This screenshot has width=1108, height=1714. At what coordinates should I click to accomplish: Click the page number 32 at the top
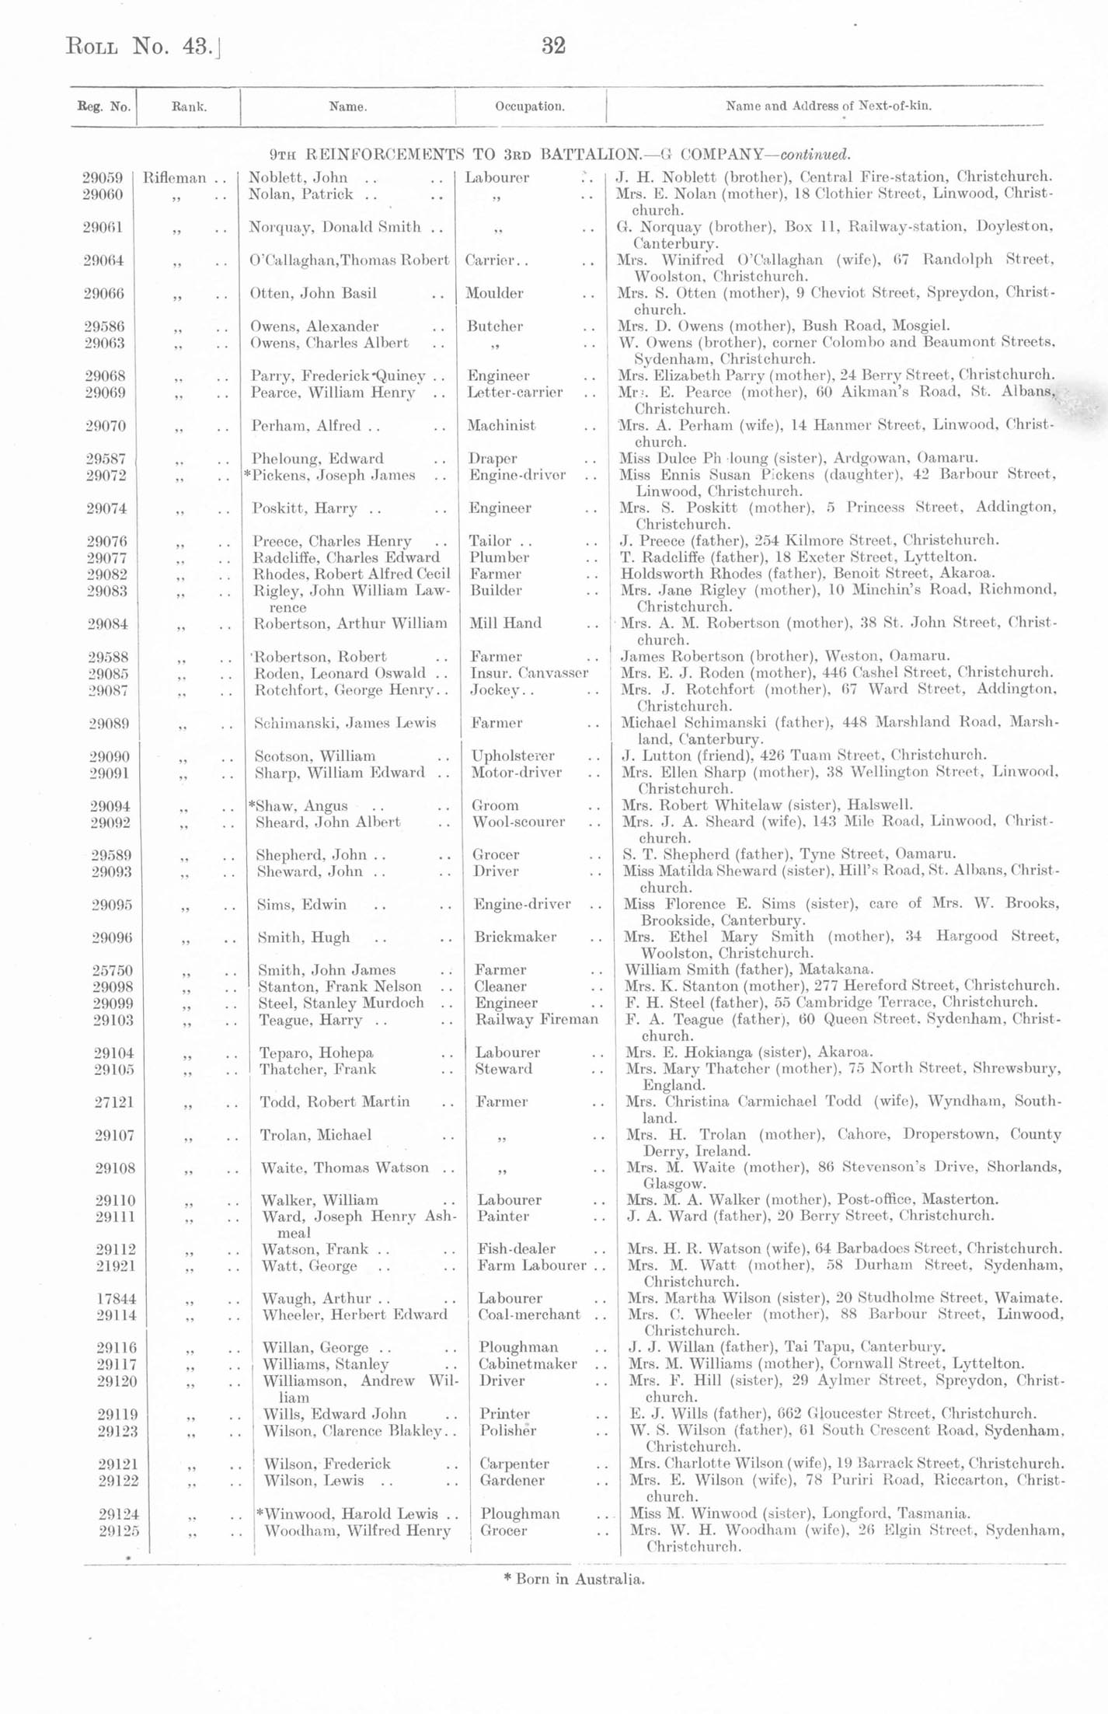553,47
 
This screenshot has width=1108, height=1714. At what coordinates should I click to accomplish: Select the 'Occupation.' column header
530,106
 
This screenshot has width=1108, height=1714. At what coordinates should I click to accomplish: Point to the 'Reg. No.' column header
103,106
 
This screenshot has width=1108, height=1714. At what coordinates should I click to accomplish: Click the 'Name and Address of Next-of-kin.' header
828,106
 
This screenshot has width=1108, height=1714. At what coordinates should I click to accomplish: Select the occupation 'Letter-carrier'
515,393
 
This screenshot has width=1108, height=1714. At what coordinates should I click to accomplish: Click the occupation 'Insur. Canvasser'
529,673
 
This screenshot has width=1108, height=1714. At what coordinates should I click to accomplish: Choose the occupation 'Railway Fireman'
537,1020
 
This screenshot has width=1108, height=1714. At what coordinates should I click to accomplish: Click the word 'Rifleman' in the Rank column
175,178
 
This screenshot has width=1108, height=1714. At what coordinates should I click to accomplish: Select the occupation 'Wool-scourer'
518,822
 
